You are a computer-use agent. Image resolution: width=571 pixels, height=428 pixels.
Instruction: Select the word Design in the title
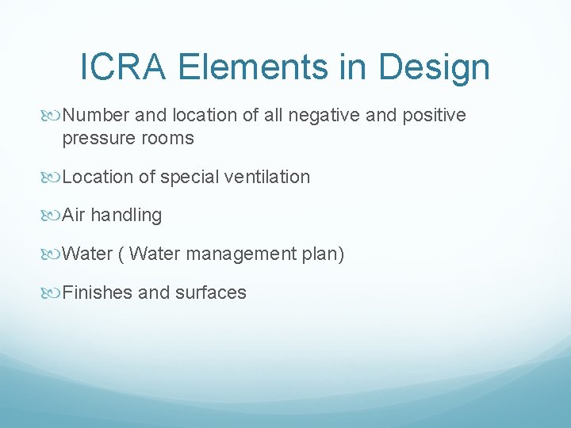click(434, 68)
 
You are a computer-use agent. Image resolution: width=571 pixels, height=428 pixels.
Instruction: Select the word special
click(189, 177)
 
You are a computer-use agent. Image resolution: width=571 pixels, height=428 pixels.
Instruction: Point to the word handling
click(126, 216)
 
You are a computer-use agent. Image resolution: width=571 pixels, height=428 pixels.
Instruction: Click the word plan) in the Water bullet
click(325, 254)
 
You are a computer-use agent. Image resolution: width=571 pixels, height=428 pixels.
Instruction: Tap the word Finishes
click(97, 293)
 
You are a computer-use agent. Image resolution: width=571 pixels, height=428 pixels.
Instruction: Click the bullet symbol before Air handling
click(53, 216)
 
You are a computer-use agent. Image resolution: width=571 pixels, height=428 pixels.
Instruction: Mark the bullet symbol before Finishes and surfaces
click(53, 293)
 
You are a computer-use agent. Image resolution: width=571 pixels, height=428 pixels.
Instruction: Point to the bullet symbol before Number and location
click(53, 116)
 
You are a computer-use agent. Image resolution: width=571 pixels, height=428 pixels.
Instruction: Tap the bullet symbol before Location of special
click(53, 177)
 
